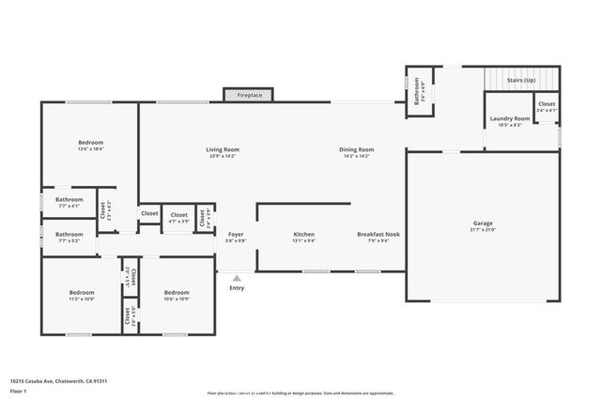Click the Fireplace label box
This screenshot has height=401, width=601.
point(249,95)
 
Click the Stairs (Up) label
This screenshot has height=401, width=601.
point(521,81)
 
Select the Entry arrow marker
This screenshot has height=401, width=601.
point(237,278)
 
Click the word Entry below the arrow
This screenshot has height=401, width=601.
point(237,287)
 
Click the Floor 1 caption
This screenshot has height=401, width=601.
point(17,391)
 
